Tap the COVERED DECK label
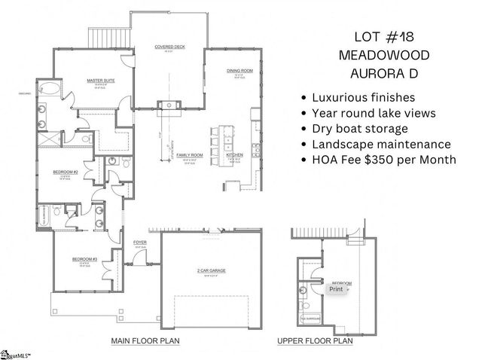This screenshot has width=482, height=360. tap(165, 47)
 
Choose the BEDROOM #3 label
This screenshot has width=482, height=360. tap(82, 259)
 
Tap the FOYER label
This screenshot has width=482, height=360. tap(139, 242)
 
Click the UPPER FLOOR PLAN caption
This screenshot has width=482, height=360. tap(315, 340)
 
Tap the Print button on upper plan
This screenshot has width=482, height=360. tap(335, 288)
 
